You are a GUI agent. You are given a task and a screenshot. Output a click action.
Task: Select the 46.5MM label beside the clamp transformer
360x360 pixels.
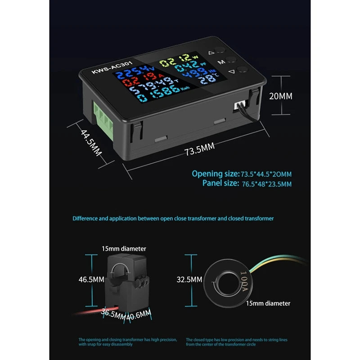(x=91, y=279)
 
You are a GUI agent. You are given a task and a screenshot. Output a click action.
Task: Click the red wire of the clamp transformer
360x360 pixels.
(x=90, y=310)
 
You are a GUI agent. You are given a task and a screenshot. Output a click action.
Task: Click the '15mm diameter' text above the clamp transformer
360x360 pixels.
(x=124, y=248)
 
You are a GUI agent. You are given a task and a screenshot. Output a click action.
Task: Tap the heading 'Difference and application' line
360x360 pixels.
(x=179, y=219)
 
